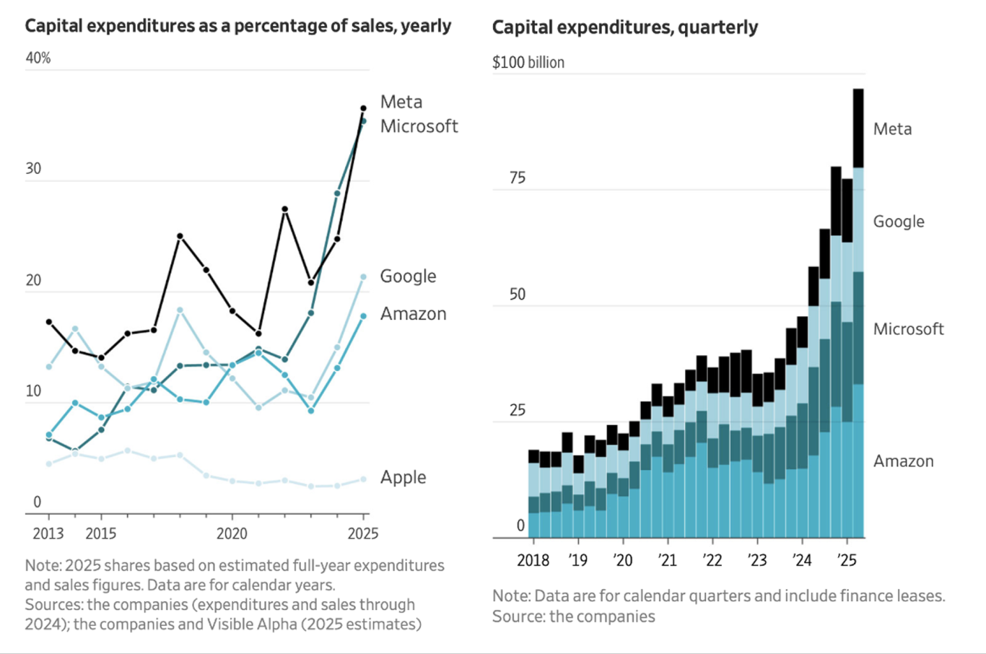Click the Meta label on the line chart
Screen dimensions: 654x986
(401, 102)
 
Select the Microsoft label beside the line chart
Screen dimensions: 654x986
(419, 126)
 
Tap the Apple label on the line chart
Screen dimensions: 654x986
(403, 477)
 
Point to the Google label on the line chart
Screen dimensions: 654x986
(408, 276)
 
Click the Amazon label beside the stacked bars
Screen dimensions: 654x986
(903, 461)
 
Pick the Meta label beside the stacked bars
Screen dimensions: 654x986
(892, 129)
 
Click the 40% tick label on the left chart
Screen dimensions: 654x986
(38, 58)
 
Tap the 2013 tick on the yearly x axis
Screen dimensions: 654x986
(48, 533)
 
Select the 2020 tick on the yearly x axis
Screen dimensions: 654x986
(232, 533)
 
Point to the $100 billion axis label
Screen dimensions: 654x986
(528, 63)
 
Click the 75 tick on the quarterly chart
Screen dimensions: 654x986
(517, 178)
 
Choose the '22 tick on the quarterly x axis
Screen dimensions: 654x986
(712, 560)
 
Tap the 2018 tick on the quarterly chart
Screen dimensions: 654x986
(533, 560)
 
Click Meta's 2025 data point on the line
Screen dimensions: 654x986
(363, 108)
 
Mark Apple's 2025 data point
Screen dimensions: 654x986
(363, 479)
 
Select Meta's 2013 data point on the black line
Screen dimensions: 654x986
(49, 321)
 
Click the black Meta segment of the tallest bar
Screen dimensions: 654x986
(858, 128)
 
